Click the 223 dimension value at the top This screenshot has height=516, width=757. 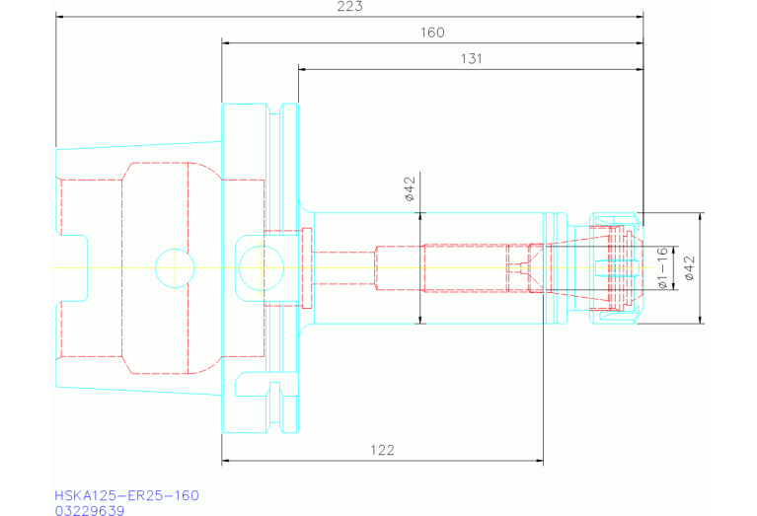[350, 7]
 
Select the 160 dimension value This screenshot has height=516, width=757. [432, 33]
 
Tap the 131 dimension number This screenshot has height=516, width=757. [471, 59]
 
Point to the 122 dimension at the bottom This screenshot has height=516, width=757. [383, 450]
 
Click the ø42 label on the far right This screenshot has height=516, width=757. [690, 267]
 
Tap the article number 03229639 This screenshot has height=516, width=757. [90, 510]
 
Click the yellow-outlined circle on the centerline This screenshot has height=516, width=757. [175, 267]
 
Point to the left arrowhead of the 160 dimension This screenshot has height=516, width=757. [226, 43]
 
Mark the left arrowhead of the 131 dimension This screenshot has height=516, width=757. [302, 69]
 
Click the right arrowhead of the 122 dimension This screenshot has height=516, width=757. [539, 461]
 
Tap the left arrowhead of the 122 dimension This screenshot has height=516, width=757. [226, 461]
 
